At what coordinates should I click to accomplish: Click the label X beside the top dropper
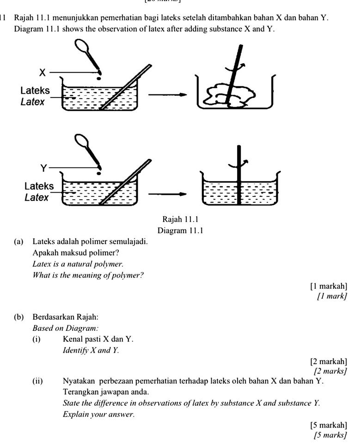42,72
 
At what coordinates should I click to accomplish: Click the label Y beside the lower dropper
44,168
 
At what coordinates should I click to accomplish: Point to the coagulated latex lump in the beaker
231,94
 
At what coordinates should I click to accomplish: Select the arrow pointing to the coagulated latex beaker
168,96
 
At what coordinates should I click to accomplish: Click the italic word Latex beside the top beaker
33,102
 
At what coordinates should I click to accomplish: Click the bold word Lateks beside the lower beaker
39,187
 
